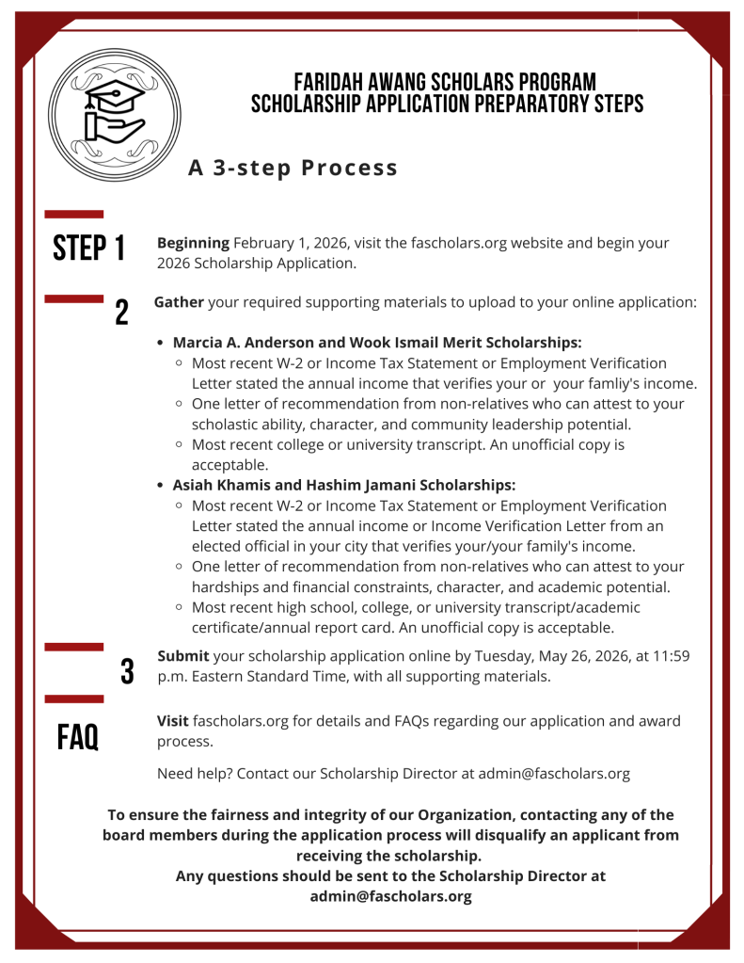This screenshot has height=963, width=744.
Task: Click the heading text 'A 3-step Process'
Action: tap(293, 168)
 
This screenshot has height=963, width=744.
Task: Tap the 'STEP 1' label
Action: tap(89, 249)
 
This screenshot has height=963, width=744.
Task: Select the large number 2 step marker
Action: tap(121, 313)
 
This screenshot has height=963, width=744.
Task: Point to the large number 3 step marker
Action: tap(127, 671)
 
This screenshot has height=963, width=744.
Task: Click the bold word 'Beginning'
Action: tap(193, 243)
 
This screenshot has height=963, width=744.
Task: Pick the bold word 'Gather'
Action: tap(179, 302)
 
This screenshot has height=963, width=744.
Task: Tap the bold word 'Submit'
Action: tap(183, 656)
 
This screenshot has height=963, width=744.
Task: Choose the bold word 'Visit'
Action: tap(173, 721)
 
